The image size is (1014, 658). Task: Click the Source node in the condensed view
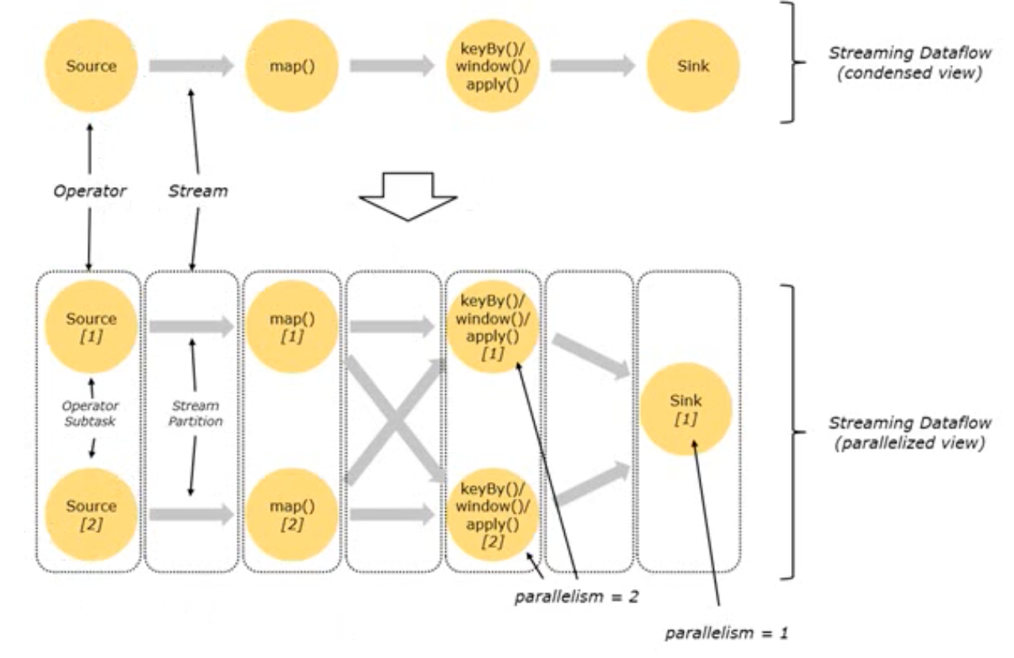coord(91,66)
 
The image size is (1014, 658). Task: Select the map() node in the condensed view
coord(292,66)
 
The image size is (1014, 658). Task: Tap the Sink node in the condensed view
coord(693,66)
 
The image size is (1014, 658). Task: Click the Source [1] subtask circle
coord(91,327)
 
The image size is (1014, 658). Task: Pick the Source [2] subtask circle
coord(91,515)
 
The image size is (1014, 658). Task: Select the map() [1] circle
coord(292,327)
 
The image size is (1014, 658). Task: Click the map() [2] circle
coord(292,515)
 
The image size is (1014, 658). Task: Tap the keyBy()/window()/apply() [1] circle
coord(493,327)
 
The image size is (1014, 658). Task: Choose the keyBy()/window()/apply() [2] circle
coord(493,515)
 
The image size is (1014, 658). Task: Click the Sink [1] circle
coord(686,409)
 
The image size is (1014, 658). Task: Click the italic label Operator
coord(90,191)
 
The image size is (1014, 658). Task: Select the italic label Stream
coord(198,191)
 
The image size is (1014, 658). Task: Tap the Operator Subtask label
coord(90,413)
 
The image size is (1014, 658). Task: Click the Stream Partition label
coord(195,413)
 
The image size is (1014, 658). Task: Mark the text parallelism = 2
coord(576,597)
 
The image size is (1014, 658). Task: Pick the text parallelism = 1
coord(727,633)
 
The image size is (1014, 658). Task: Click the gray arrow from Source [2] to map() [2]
coord(191,515)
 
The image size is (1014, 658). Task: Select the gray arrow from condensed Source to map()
coord(191,66)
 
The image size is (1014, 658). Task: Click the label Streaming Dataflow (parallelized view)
coord(910,432)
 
